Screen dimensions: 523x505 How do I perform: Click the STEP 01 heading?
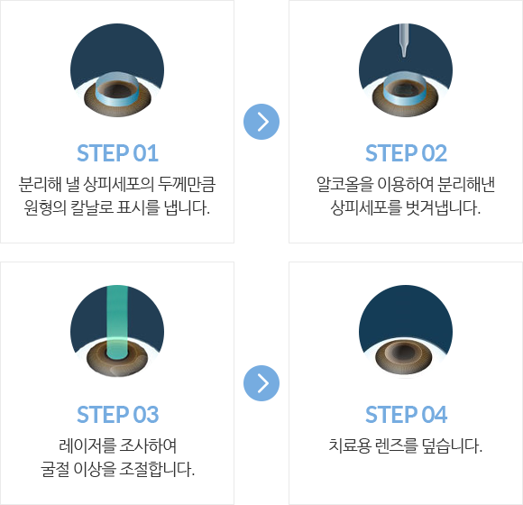coord(117,153)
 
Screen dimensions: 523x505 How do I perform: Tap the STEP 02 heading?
coord(406,153)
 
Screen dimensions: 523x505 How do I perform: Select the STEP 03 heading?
coord(117,415)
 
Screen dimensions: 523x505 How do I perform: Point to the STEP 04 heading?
coord(406,415)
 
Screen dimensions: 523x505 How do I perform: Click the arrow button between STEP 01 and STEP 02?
coord(261,122)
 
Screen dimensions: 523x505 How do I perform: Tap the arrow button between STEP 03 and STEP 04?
coord(261,383)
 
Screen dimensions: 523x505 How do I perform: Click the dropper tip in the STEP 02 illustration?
coord(404,55)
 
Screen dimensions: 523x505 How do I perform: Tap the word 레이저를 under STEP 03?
coord(87,445)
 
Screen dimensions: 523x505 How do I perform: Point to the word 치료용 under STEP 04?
coord(350,445)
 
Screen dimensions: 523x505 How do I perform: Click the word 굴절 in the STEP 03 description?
coord(55,469)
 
